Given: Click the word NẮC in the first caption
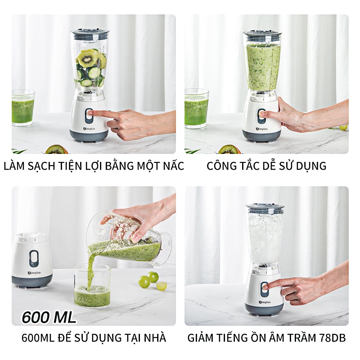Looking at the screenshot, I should (x=171, y=166).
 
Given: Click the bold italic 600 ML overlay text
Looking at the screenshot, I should (x=49, y=317).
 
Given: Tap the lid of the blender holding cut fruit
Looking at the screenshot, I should (x=90, y=33).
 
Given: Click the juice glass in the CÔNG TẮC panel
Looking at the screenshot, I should (x=196, y=108).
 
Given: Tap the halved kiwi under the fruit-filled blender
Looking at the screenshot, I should (x=57, y=149).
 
